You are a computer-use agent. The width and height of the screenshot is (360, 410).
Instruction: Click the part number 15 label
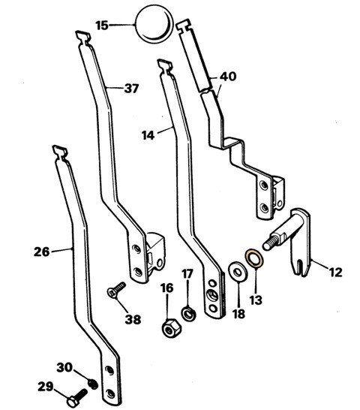102,26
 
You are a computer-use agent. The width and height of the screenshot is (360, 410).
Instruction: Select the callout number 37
131,89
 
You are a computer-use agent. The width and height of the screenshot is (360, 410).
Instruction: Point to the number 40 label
228,77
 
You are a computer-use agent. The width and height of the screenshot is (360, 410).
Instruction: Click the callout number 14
148,135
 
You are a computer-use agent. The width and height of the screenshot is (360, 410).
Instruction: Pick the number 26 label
42,252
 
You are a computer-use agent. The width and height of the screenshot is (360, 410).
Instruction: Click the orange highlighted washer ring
254,258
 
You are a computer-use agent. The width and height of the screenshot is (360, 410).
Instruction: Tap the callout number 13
256,300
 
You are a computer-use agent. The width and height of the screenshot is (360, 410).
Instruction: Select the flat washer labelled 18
238,272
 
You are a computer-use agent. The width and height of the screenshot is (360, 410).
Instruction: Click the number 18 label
238,314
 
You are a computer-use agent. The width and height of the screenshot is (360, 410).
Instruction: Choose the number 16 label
167,288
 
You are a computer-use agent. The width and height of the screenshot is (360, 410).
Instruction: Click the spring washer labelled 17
188,314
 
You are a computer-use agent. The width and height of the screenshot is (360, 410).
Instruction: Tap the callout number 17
187,274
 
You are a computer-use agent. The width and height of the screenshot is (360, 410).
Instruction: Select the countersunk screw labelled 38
117,289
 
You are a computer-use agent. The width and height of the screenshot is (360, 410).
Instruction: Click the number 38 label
133,319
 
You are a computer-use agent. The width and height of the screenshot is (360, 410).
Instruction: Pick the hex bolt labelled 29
76,398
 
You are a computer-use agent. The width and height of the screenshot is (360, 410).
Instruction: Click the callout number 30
64,367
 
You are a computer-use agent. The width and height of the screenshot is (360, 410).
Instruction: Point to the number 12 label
336,272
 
